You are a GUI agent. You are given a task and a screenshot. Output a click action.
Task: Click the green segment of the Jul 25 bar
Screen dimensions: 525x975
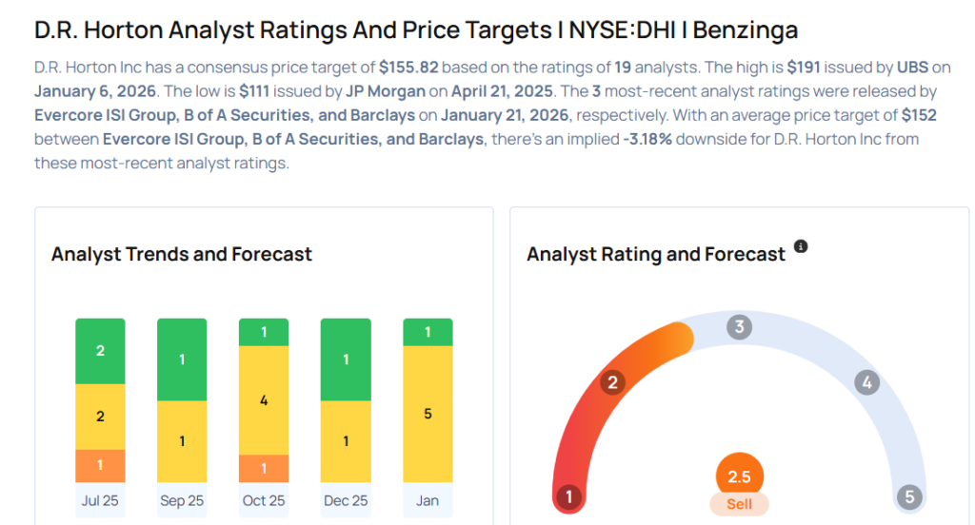pos(100,351)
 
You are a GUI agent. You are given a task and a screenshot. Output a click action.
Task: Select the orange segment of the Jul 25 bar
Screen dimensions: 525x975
pos(100,465)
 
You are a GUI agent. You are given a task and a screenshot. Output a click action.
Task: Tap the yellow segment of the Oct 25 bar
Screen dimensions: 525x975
pos(264,400)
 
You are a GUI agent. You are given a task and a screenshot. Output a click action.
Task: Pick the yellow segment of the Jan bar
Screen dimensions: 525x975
pos(428,414)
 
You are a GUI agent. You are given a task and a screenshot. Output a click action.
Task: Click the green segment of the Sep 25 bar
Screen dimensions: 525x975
pos(182,360)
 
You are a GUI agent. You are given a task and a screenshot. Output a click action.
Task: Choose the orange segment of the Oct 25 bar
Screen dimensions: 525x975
pos(264,468)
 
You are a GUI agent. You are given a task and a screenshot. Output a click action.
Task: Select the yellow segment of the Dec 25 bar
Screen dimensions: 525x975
pos(346,441)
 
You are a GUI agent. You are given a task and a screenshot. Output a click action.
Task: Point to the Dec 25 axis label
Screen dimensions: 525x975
pos(346,500)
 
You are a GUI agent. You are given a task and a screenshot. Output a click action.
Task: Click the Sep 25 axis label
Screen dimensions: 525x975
pos(182,500)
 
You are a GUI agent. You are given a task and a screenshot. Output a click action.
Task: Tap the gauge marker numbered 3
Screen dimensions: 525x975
pos(739,328)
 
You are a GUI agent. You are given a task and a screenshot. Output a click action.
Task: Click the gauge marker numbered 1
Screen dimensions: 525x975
pos(568,497)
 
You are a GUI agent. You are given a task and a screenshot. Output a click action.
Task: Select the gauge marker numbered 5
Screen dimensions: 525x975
pos(909,497)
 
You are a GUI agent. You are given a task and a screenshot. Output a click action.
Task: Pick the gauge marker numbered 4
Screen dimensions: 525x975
pos(866,383)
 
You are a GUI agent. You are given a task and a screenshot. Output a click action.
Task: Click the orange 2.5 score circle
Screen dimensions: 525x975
pos(739,476)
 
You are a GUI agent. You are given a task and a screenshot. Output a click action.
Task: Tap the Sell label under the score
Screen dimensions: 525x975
pos(739,504)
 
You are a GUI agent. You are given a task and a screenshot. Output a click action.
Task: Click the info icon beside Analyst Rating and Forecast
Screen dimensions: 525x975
pos(801,246)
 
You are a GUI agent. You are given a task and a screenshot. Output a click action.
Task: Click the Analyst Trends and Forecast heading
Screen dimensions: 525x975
pos(181,254)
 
